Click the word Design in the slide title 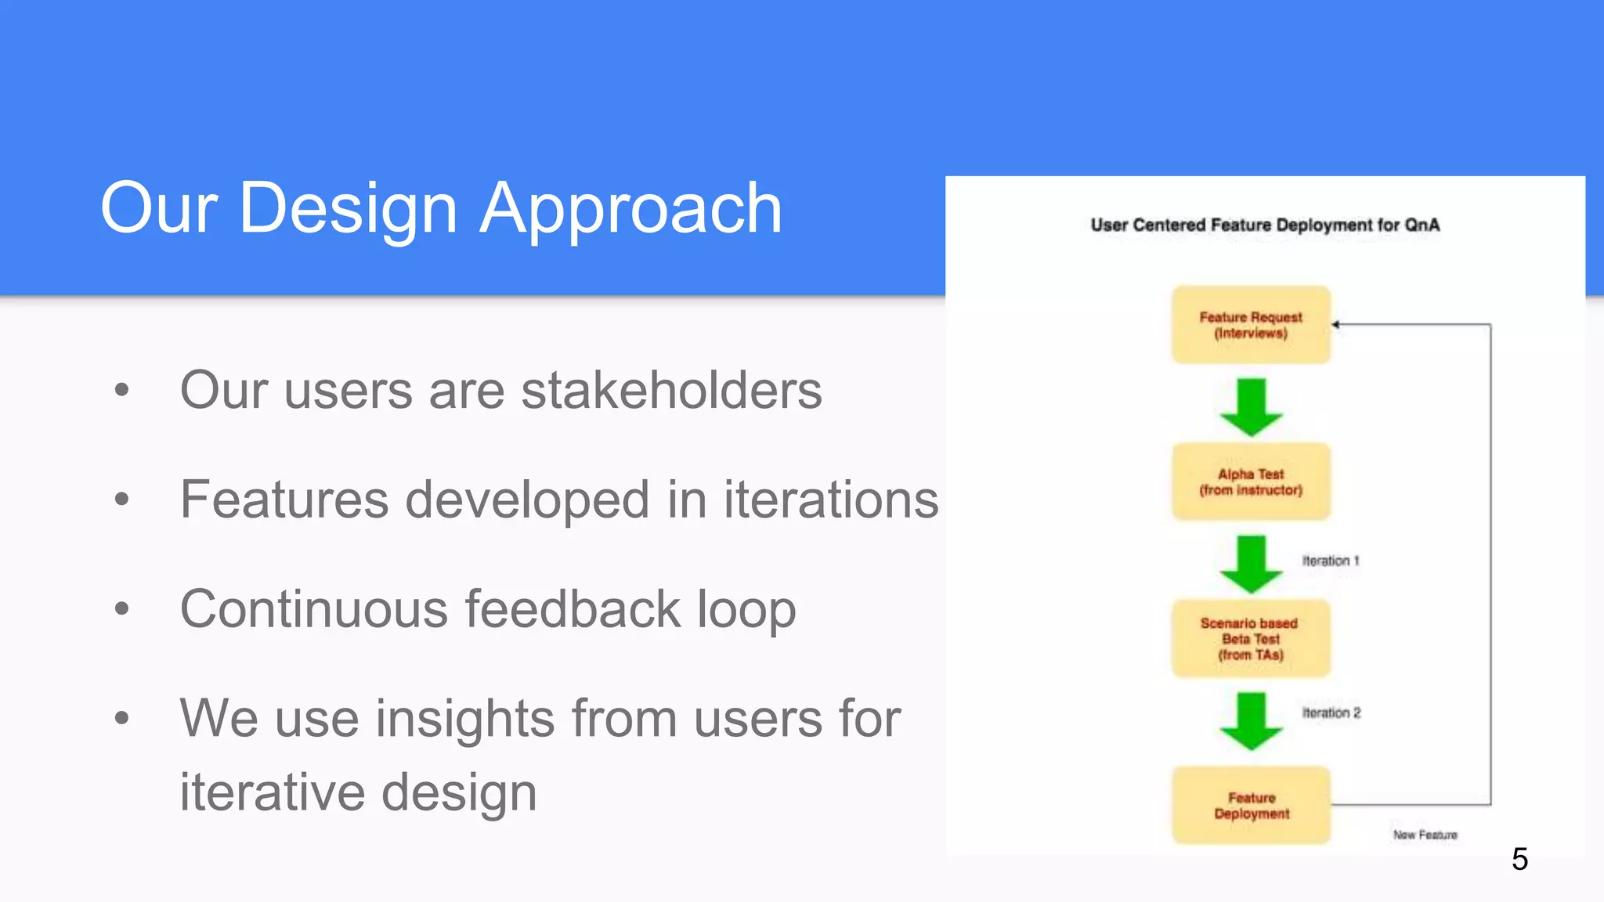(348, 208)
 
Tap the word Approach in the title (630, 208)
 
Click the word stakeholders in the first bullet (671, 390)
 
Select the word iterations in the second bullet (830, 500)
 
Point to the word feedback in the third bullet (573, 609)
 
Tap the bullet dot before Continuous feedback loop (121, 608)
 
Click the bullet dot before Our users (121, 389)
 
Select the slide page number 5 (1519, 859)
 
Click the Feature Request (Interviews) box (1251, 325)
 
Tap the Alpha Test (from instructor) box (1251, 482)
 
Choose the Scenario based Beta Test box (1251, 639)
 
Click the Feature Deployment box (1251, 805)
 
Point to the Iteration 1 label (1331, 561)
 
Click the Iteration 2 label (1331, 713)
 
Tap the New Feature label (1425, 835)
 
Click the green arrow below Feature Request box (1251, 407)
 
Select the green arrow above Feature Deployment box (1251, 720)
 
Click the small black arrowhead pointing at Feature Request (1336, 324)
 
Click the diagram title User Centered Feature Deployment (1265, 225)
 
